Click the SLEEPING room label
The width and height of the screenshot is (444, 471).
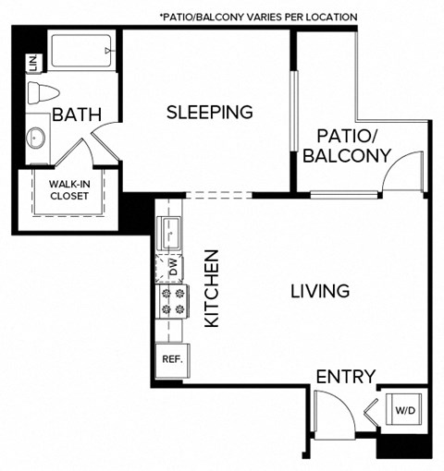click(209, 113)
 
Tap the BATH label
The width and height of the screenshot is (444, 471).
click(77, 115)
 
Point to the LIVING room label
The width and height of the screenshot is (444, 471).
click(319, 291)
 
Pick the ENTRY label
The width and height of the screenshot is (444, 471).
click(345, 377)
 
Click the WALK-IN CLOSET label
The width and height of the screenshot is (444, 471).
click(69, 190)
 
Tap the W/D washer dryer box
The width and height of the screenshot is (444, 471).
click(404, 409)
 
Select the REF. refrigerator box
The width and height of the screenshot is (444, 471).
click(170, 358)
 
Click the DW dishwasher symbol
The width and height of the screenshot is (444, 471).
click(172, 268)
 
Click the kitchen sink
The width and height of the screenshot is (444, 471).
click(170, 233)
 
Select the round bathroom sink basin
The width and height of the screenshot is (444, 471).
click(37, 139)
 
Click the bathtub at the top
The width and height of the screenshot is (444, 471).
click(80, 51)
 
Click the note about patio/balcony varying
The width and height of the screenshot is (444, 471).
click(258, 17)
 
